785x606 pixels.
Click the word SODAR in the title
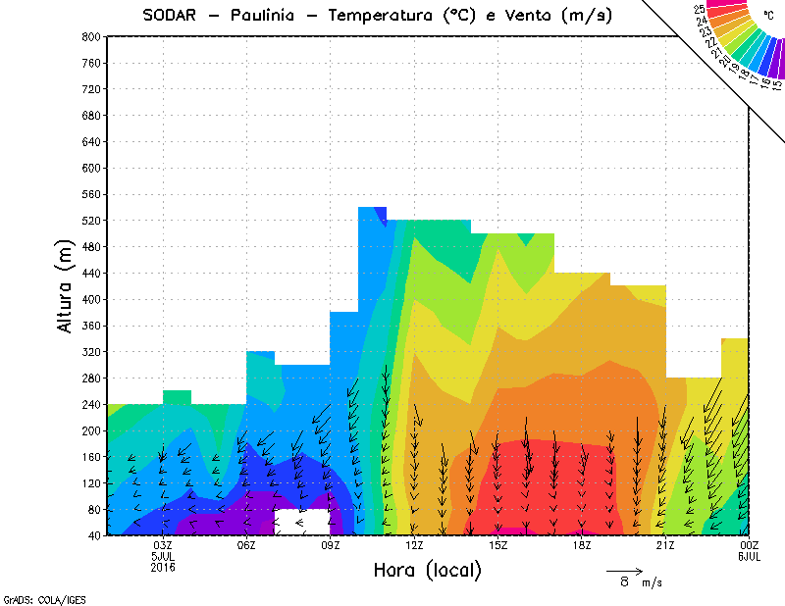point(171,15)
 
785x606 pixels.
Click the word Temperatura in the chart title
point(376,15)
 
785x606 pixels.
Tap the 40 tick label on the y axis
point(93,536)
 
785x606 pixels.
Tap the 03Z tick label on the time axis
point(163,545)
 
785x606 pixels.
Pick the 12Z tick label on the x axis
point(414,545)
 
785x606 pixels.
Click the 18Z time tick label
point(582,545)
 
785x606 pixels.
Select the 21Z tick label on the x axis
point(665,545)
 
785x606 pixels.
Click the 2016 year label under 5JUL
point(163,567)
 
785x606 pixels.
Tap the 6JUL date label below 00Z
point(750,556)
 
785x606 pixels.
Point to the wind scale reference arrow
point(624,570)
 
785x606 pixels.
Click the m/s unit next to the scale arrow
point(653,582)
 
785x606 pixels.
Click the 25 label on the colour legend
point(700,8)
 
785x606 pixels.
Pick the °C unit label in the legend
point(769,16)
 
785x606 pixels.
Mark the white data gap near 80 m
point(302,522)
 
